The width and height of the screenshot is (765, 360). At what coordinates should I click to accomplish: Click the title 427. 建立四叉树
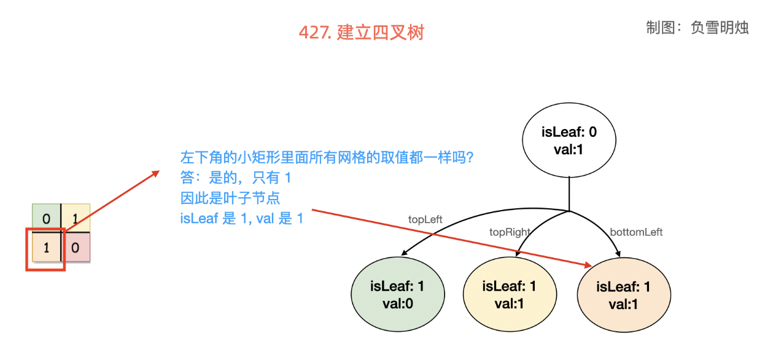(x=361, y=33)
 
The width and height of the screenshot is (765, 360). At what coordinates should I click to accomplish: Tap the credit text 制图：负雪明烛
(x=697, y=28)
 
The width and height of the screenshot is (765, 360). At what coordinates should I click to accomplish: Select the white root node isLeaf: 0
(x=569, y=140)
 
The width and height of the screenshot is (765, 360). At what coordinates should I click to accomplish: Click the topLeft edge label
(x=425, y=219)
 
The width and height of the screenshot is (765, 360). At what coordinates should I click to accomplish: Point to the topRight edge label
(x=510, y=232)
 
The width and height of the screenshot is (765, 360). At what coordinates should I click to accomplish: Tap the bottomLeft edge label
(x=636, y=232)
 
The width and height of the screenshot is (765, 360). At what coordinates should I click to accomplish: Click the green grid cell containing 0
(x=46, y=218)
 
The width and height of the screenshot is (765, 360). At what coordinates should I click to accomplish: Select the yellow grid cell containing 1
(x=76, y=218)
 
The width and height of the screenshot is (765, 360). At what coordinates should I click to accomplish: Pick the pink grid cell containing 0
(x=76, y=248)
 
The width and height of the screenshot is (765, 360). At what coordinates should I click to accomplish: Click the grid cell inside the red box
(x=46, y=248)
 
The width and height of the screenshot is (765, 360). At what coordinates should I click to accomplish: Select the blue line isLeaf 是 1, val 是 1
(x=241, y=218)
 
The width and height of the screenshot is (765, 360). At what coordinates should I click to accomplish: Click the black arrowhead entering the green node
(x=404, y=253)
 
